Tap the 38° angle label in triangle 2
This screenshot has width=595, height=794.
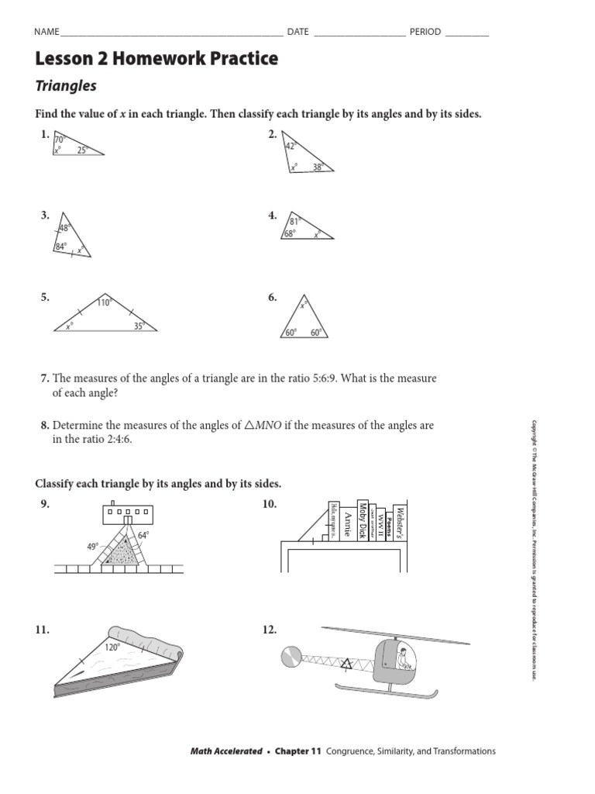point(318,166)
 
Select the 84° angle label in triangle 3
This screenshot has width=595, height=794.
point(61,247)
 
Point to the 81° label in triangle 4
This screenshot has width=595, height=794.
point(295,222)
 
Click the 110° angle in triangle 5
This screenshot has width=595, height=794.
point(104,302)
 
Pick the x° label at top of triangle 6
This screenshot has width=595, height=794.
point(304,306)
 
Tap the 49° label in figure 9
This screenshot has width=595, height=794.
point(92,546)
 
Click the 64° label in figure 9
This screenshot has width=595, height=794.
point(143,535)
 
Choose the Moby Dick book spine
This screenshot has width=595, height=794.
point(363,521)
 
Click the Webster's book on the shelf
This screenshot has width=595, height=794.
point(400,516)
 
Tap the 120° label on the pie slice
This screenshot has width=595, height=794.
point(112,647)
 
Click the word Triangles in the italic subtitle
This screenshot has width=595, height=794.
point(66,87)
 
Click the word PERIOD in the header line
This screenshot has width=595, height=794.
point(425,32)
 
